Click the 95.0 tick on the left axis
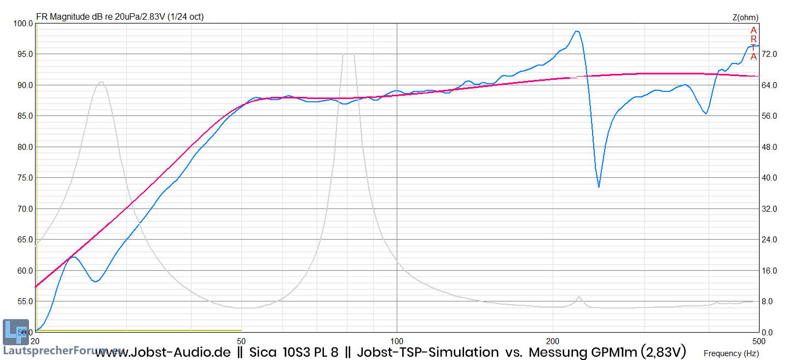tap(24, 54)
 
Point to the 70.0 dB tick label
tap(24, 209)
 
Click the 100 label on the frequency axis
tap(397, 340)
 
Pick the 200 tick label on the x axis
tap(553, 340)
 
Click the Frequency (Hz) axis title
tap(731, 353)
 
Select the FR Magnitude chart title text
tap(119, 17)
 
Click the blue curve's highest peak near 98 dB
tap(576, 31)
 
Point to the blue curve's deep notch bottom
tap(599, 187)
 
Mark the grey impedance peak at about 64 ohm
tap(101, 83)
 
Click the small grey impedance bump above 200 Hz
tap(578, 297)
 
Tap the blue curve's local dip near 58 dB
tap(96, 281)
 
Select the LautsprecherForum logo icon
tap(12, 332)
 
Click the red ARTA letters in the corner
tap(754, 43)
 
